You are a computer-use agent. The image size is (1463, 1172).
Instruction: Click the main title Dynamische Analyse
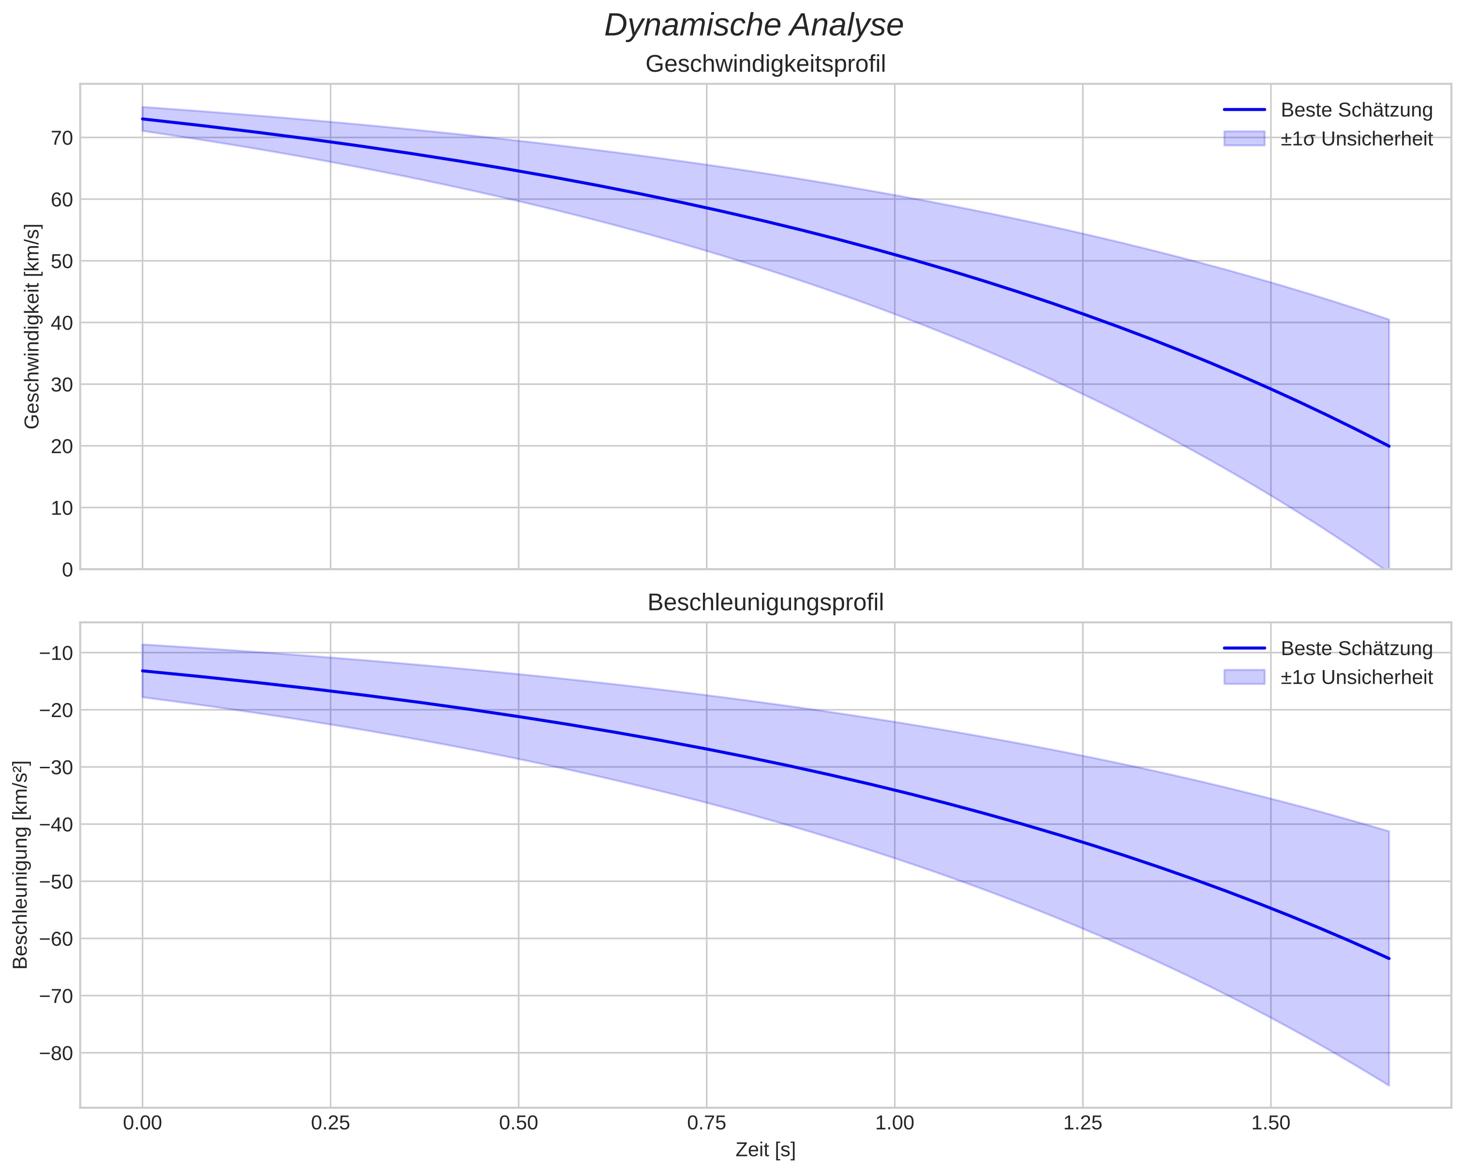(753, 26)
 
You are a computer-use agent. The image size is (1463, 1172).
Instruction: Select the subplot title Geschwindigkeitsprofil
(765, 64)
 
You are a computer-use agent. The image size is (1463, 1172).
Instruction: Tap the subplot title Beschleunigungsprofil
(765, 602)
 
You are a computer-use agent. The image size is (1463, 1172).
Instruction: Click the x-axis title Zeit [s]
(765, 1150)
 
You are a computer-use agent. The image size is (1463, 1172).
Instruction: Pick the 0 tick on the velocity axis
(67, 570)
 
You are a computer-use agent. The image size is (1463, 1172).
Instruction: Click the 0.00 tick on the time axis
(143, 1123)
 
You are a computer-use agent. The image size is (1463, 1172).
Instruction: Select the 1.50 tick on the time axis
(1270, 1123)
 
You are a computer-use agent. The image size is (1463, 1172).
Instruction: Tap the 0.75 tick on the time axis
(706, 1123)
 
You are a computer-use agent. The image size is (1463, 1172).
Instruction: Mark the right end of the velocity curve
(1389, 446)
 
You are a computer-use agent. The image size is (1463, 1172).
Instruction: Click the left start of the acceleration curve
(143, 671)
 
